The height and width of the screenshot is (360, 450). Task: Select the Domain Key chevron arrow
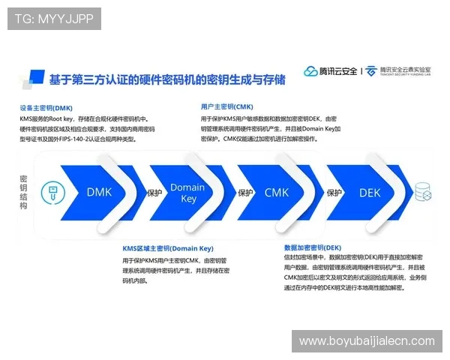click(188, 192)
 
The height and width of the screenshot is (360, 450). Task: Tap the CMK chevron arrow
click(277, 192)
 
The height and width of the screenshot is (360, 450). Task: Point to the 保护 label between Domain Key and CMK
click(245, 193)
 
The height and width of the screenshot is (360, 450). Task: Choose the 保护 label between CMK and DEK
click(334, 193)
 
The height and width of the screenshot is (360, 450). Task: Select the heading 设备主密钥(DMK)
click(46, 107)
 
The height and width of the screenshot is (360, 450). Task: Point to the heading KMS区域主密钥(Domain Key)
click(168, 247)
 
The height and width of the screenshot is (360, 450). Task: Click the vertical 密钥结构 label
click(24, 193)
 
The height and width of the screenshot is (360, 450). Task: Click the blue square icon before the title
click(31, 77)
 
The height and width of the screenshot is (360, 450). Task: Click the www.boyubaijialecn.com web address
click(367, 341)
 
